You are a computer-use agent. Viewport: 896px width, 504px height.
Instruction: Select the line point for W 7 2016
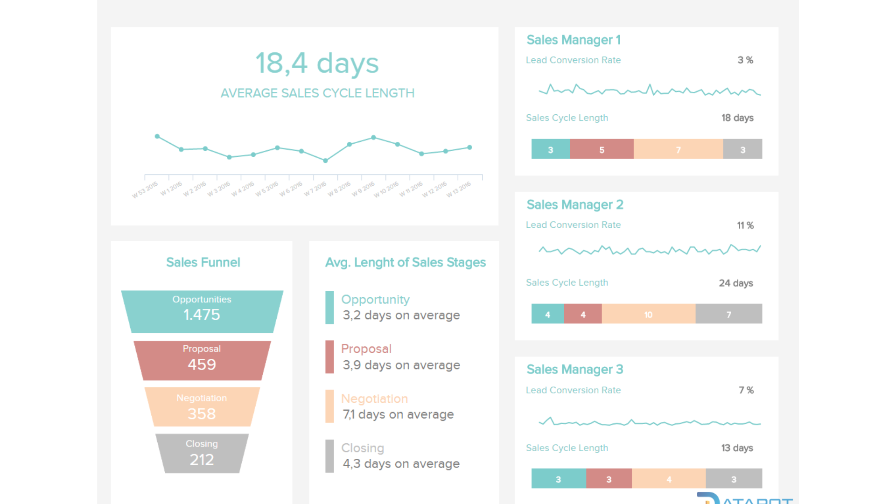point(325,161)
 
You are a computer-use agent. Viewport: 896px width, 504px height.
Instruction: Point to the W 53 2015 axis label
point(145,190)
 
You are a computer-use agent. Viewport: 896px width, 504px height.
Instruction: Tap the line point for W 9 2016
point(373,138)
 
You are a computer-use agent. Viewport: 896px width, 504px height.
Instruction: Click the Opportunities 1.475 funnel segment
point(202,311)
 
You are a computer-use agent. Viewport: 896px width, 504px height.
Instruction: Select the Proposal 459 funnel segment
point(202,360)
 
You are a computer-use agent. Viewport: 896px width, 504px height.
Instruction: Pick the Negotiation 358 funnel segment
point(202,407)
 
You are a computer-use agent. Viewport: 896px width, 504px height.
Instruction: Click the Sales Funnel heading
point(203,262)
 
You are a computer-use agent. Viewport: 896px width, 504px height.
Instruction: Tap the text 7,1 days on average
point(398,414)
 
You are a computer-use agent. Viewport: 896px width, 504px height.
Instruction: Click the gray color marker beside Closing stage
point(329,456)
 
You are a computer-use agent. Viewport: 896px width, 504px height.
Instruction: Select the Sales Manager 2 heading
point(574,205)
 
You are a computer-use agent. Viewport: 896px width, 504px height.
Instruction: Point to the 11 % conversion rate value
point(745,225)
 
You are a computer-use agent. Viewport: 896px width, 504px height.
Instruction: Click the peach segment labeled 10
point(648,314)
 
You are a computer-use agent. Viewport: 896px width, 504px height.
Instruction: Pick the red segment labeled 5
point(602,149)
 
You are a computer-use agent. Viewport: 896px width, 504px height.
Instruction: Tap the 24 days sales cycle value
point(735,283)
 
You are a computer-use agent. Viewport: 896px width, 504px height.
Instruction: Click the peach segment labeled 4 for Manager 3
point(669,479)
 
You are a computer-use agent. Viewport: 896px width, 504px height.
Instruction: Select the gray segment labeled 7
point(728,314)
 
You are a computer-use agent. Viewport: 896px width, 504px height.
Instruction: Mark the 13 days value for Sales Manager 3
point(737,448)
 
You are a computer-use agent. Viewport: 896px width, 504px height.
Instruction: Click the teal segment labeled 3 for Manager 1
point(550,149)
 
